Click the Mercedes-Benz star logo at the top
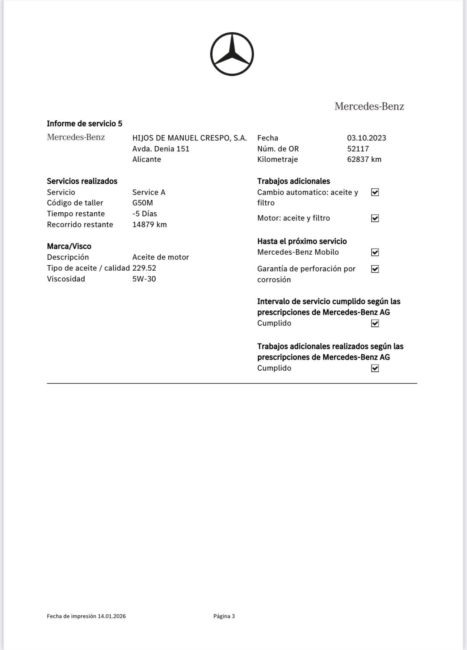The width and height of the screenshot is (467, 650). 232,54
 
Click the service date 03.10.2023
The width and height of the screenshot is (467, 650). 366,138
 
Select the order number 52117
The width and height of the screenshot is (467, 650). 358,149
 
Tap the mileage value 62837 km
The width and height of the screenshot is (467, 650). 364,159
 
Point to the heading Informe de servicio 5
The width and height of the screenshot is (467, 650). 84,124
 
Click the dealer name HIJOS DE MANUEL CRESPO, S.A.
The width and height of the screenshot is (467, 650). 189,138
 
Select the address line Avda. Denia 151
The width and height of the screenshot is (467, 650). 161,149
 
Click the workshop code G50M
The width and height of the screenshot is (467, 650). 143,203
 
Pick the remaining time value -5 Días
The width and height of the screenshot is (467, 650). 144,214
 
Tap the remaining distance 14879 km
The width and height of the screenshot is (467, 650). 150,225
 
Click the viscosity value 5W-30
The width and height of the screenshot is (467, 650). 144,279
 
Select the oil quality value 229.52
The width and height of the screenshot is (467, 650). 144,268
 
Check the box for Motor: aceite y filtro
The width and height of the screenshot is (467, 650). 375,218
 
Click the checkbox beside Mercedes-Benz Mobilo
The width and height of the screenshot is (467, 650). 375,252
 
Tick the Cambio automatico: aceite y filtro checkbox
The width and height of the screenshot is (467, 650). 375,192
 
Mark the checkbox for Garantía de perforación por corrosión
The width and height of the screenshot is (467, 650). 375,269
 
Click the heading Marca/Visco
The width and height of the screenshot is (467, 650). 69,246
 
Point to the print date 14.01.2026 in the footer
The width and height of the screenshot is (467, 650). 112,616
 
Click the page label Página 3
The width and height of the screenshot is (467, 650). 224,616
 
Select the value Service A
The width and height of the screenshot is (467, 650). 149,192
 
